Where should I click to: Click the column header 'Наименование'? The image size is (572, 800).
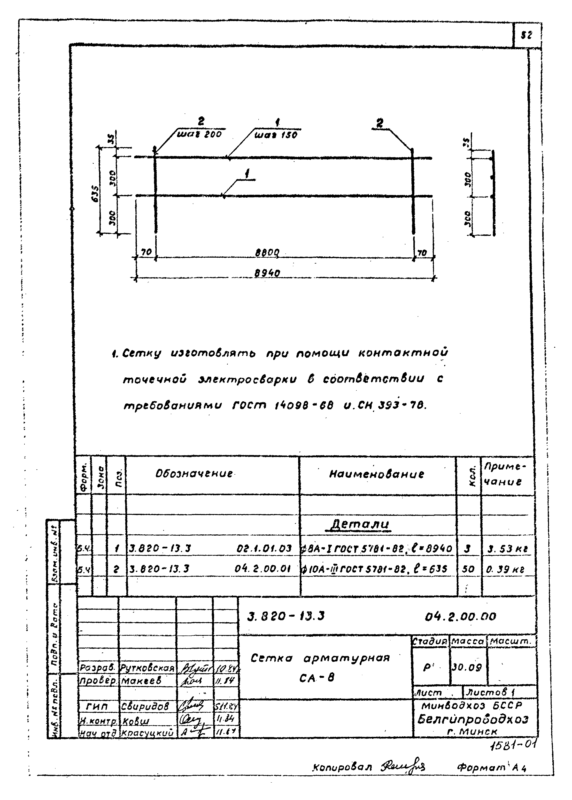(x=377, y=474)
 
